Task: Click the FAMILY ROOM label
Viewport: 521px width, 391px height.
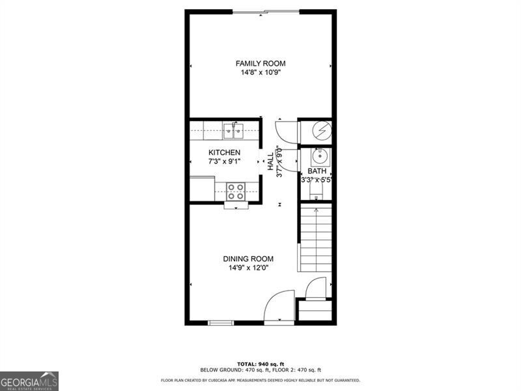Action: [x=260, y=63]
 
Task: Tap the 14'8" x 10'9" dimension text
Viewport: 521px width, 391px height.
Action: [x=260, y=72]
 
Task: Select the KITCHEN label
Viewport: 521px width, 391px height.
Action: [x=224, y=152]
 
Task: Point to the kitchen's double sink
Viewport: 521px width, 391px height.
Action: [x=232, y=131]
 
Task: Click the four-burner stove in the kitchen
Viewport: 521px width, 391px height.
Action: [x=235, y=191]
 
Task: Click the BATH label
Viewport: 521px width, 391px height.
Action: [x=317, y=171]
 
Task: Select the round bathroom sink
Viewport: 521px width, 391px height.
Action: [x=320, y=157]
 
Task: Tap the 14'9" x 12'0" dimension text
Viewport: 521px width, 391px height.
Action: [x=248, y=267]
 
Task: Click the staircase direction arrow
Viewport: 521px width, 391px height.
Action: [x=316, y=211]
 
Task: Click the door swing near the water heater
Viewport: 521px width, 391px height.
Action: [x=285, y=131]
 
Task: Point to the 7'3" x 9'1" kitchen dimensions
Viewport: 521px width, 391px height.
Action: [x=224, y=162]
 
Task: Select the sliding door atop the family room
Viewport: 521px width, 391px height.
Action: [x=266, y=11]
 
